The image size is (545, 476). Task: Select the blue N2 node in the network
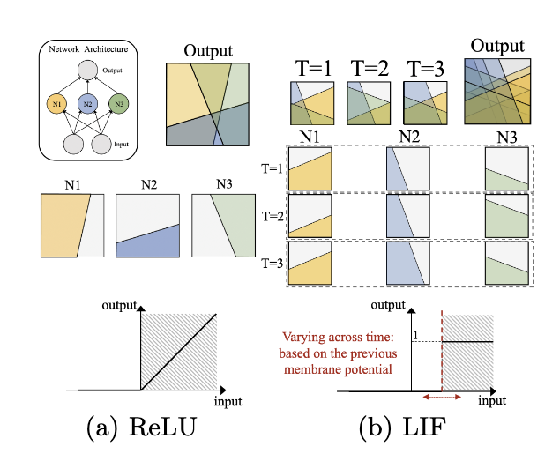coord(86,105)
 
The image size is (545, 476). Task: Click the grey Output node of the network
coord(86,71)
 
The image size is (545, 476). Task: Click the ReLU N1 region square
coord(72,226)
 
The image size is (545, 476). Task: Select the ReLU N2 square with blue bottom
coord(148,226)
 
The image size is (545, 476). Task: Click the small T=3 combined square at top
coord(424,104)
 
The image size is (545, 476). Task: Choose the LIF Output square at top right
coord(498,92)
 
